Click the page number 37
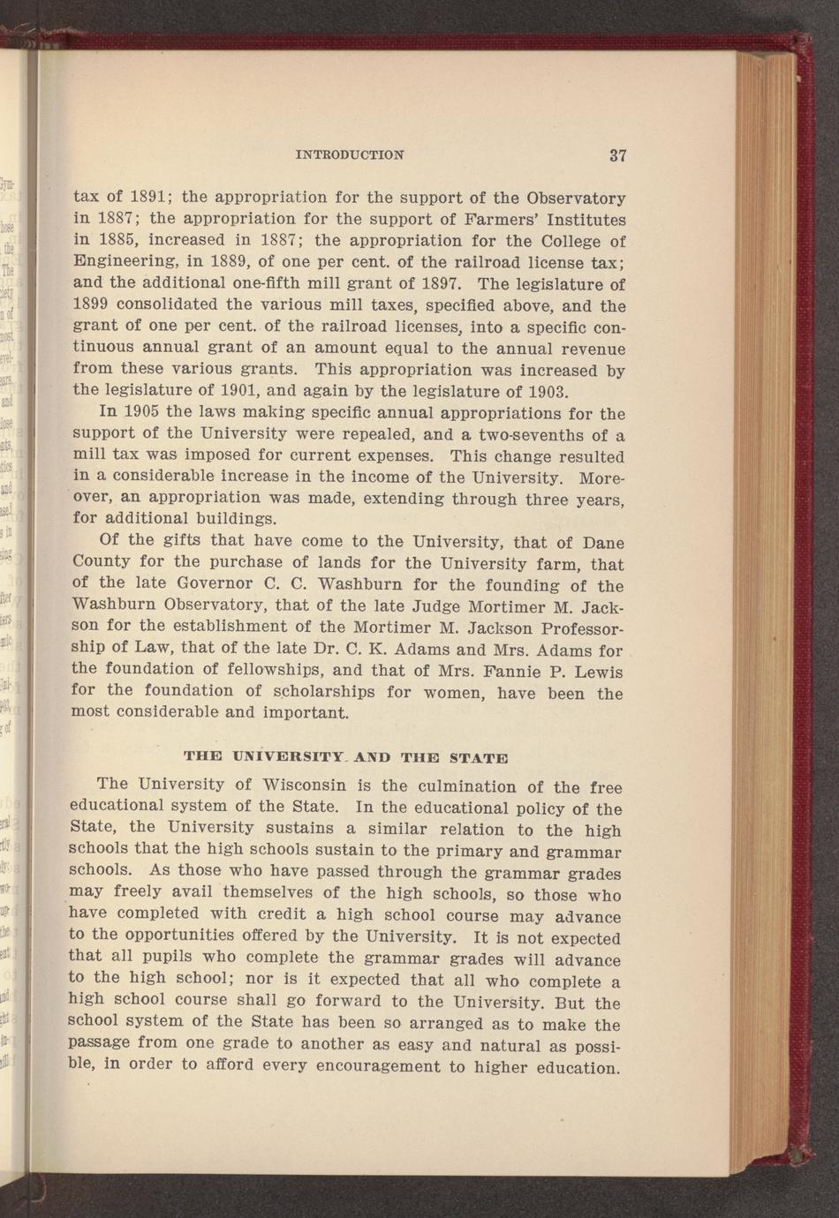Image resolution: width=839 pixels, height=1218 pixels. [x=617, y=155]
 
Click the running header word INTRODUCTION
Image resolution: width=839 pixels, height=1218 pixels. [x=350, y=154]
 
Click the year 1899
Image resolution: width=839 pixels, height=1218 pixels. [x=90, y=305]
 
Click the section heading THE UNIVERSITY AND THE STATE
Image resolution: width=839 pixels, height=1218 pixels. [x=345, y=756]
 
